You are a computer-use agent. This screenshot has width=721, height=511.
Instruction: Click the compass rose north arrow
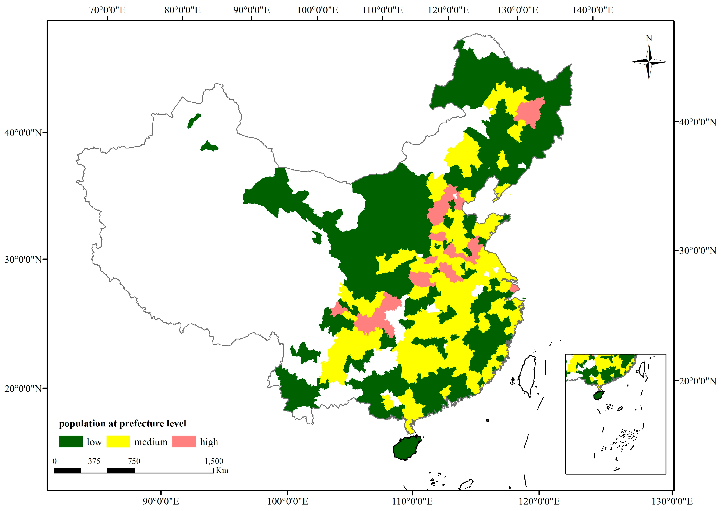[x=649, y=62]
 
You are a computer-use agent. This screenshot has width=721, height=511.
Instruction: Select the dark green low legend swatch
[x=71, y=442]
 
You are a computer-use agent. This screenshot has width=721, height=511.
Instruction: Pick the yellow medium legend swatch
[x=118, y=442]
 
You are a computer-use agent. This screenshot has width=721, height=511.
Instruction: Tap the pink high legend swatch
[x=184, y=442]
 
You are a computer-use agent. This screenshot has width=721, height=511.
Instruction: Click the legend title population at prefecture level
[x=122, y=424]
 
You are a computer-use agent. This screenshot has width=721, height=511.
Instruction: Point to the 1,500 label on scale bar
[x=214, y=461]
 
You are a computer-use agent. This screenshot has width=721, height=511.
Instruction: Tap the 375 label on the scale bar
[x=94, y=461]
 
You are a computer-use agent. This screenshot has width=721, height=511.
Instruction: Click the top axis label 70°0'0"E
[x=107, y=10]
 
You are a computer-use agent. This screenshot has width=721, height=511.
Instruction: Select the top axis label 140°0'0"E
[x=593, y=10]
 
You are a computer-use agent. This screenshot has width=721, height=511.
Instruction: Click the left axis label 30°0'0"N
[x=23, y=260]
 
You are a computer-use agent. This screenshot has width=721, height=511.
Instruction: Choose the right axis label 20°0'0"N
[x=697, y=381]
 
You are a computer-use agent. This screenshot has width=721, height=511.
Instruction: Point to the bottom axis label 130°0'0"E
[x=672, y=502]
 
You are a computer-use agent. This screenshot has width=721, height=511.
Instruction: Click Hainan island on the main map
[x=407, y=448]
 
